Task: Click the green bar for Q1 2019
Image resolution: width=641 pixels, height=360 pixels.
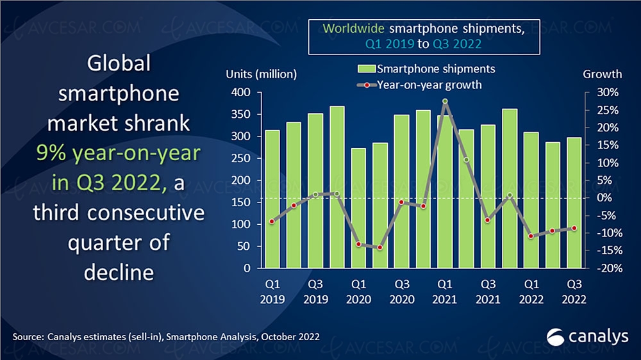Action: (x=272, y=199)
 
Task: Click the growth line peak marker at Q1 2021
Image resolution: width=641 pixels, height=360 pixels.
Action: (x=445, y=101)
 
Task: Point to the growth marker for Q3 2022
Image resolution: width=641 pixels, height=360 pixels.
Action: (x=574, y=228)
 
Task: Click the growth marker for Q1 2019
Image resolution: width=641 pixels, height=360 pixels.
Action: (x=272, y=222)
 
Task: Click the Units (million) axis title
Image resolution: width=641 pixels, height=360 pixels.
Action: (x=261, y=74)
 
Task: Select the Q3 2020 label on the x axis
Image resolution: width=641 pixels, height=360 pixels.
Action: (x=401, y=290)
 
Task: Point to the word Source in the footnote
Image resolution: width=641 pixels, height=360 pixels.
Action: (x=28, y=336)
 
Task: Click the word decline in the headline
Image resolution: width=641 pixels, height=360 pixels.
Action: (x=119, y=272)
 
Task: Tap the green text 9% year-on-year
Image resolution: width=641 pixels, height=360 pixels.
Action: (x=119, y=153)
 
